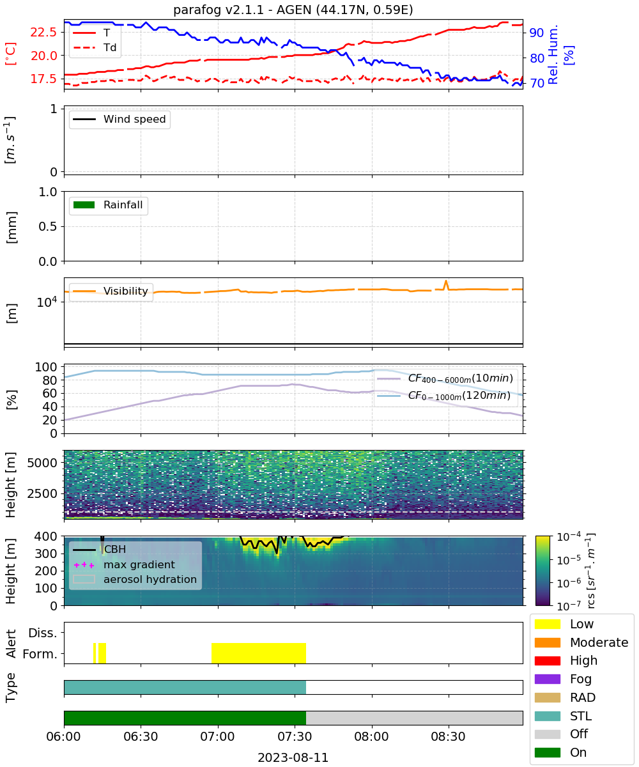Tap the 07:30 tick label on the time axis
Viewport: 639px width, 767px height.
point(294,736)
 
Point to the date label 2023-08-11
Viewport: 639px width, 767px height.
point(293,757)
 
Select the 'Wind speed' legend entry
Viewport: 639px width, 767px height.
point(119,119)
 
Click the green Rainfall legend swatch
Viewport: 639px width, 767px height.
point(84,205)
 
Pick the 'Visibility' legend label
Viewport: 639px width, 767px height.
point(126,291)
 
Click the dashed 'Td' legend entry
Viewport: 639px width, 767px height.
point(95,47)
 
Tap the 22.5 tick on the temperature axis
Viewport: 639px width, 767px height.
point(43,33)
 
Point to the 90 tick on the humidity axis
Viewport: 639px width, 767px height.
point(536,33)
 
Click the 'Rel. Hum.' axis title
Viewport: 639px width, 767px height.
point(553,55)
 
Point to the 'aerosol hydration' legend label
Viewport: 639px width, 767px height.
point(150,579)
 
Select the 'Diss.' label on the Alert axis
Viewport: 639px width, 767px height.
point(43,633)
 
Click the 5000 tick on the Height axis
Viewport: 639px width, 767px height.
point(42,463)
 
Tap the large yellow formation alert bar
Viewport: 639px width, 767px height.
point(259,653)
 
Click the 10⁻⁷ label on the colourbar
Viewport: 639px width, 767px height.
point(569,606)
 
